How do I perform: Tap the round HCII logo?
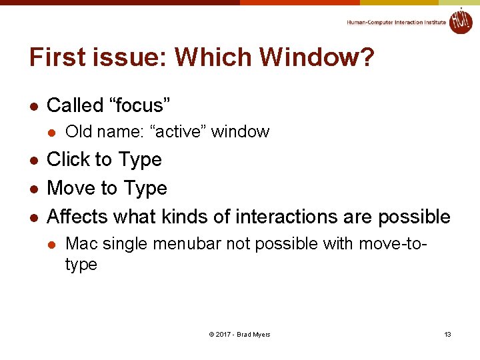click(x=460, y=21)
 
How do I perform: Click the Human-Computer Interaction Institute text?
click(x=396, y=23)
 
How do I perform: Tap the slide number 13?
click(x=447, y=334)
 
